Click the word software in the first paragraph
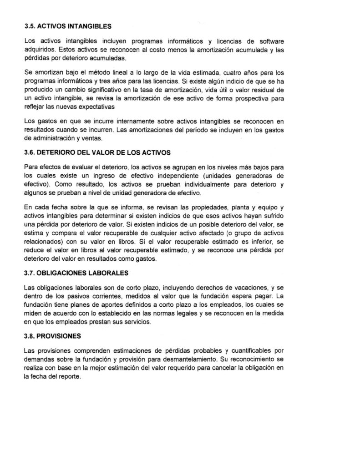tap(320, 41)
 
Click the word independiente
tap(224, 176)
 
